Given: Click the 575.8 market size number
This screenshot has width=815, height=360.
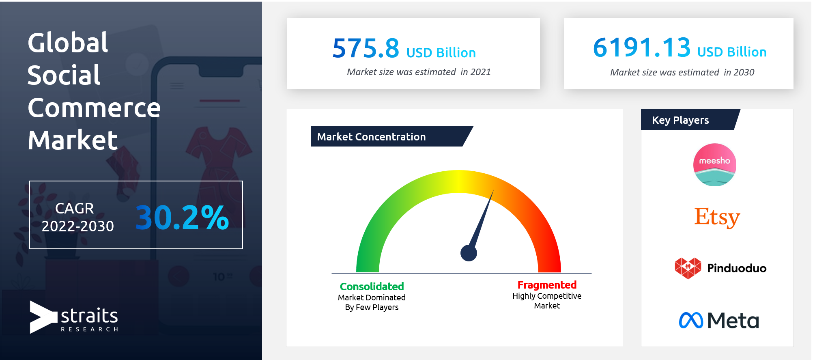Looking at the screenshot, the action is pos(366,48).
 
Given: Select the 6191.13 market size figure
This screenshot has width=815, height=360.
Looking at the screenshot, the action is pos(642,47).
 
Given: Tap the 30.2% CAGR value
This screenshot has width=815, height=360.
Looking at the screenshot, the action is pos(182,217).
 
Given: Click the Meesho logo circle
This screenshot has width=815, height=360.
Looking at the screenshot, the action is pos(715,165).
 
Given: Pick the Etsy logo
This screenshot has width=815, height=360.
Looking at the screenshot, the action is pos(717,218).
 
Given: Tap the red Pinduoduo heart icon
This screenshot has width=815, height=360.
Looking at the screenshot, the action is pos(688,268).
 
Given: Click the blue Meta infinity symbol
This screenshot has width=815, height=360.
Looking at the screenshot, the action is pos(691,320).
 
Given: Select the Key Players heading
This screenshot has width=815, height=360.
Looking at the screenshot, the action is pos(680,120).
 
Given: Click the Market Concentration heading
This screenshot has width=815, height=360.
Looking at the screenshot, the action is pos(371,137).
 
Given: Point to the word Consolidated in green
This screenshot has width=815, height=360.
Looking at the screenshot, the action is pos(372,287).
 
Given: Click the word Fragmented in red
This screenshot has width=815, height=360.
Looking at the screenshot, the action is pos(547,285).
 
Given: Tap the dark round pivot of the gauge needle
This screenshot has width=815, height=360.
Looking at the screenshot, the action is pos(469,253).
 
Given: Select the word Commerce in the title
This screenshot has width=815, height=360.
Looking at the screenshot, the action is pos(94,108).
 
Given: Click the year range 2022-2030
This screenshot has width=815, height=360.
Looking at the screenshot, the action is pos(78,226).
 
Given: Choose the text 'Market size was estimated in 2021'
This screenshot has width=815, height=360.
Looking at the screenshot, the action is pos(419,72).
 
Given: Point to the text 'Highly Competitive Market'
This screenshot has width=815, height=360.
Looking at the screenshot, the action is pos(547,301).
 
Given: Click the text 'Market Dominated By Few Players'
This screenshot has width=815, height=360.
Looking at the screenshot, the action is pos(372,302).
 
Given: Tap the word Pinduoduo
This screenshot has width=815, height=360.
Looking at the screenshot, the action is pos(737,268).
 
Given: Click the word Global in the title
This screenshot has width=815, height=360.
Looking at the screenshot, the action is pos(68,43).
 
